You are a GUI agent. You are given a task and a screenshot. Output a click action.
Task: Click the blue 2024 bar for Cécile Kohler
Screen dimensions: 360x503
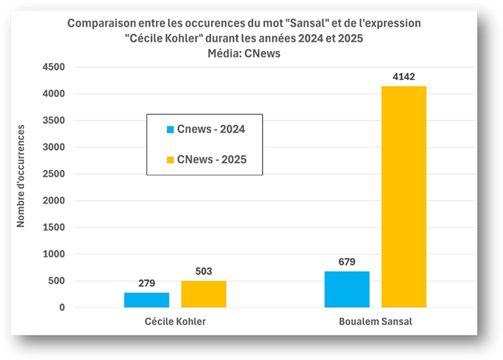[146, 300]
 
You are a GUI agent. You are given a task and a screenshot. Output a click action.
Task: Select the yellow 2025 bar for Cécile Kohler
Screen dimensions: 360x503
[204, 294]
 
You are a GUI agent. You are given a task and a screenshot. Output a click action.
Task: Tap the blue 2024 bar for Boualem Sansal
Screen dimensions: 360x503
[347, 289]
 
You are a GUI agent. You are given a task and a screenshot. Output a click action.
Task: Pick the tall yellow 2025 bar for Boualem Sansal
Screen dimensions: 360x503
[403, 197]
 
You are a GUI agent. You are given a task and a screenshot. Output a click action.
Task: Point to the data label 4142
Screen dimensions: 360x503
[403, 76]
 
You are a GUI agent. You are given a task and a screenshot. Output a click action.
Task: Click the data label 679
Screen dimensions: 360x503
[347, 261]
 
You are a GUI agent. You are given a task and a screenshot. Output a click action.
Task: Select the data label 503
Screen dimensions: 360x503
[204, 271]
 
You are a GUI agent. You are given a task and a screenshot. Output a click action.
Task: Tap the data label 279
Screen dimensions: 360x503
[146, 283]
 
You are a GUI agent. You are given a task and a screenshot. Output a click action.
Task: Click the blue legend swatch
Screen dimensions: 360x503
[169, 129]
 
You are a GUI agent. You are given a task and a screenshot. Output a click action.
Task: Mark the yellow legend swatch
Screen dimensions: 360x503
[169, 160]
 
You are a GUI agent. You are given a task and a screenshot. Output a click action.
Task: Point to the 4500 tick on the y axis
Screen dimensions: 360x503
[53, 67]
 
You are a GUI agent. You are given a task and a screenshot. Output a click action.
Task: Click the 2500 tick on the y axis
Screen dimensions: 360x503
[53, 174]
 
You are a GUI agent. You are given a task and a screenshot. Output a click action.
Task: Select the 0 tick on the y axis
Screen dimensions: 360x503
[62, 307]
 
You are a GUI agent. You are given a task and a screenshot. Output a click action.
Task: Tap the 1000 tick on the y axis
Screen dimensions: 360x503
[53, 254]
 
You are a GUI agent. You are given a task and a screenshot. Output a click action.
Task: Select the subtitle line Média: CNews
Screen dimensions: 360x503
[244, 53]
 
